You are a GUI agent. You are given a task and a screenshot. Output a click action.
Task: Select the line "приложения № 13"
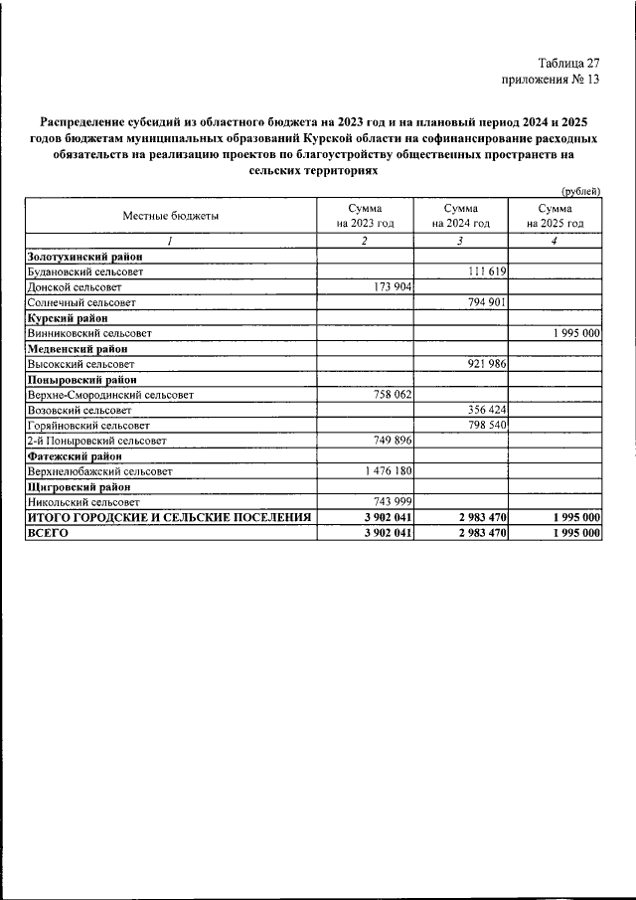pos(552,80)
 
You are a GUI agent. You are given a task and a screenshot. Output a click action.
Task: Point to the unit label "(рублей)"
pos(580,190)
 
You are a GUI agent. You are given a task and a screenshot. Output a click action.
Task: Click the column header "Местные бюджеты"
pos(171,216)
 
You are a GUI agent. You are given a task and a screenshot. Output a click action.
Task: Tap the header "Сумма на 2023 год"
pos(365,216)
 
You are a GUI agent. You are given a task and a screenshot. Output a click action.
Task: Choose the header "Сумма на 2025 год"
pos(555,216)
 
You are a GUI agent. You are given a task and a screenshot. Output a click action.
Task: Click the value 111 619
pos(486,271)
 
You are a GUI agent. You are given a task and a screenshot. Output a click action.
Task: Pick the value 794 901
pos(486,301)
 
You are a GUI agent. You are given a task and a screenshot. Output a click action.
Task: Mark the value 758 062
pos(390,395)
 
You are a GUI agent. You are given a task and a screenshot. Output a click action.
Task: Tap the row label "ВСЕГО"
pos(47,534)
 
